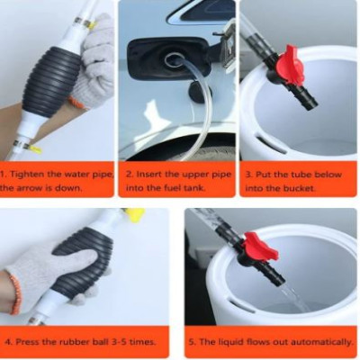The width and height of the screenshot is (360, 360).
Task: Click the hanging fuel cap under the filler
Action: [195, 91]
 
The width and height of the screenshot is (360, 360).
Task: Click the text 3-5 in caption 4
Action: [116, 342]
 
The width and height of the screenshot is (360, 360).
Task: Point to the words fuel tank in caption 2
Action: [185, 188]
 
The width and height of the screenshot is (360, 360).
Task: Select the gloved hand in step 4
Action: [40, 274]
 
